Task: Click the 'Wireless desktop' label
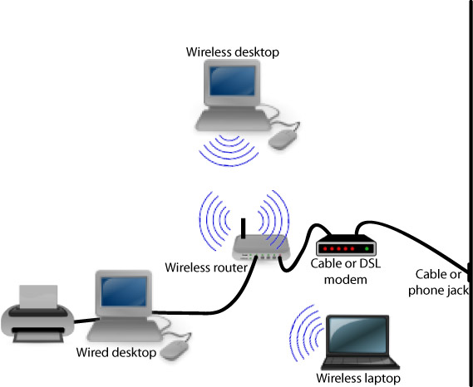click(x=232, y=52)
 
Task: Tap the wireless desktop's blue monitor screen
click(x=232, y=81)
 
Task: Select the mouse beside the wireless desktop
click(x=283, y=140)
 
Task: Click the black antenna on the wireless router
click(x=243, y=228)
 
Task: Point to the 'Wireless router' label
click(x=206, y=267)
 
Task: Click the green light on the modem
click(x=367, y=248)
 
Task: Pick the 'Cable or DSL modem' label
click(x=346, y=272)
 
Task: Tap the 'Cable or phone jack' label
click(x=438, y=282)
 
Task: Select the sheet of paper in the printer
click(x=38, y=296)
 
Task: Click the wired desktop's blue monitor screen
click(x=124, y=291)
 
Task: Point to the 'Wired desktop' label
click(x=116, y=353)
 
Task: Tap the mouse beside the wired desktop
click(x=174, y=350)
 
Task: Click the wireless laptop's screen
click(x=357, y=336)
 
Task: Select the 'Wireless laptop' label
click(x=358, y=378)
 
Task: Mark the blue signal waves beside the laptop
click(x=305, y=333)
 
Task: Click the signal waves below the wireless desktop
click(x=229, y=150)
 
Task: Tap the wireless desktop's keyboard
click(x=233, y=120)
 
